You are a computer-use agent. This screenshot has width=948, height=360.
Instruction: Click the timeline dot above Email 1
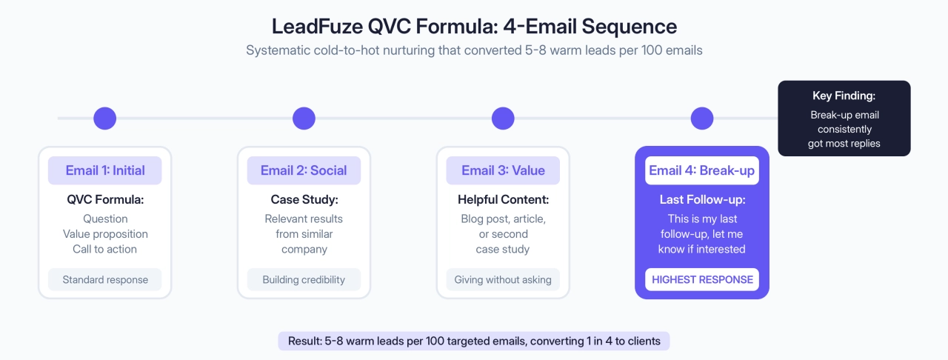(104, 119)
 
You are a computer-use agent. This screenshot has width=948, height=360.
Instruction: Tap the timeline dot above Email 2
(304, 119)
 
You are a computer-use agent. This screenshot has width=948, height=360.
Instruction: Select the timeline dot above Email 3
(503, 119)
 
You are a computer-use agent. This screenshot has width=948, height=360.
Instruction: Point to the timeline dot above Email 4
(701, 119)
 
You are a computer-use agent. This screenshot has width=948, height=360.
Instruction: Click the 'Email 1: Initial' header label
(104, 170)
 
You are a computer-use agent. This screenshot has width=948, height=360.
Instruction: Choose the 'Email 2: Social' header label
(304, 170)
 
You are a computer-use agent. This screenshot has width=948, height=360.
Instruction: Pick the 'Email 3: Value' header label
(503, 170)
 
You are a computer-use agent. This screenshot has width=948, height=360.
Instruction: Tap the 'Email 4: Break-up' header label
(701, 170)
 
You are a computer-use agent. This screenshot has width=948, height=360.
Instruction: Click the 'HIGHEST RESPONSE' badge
(702, 279)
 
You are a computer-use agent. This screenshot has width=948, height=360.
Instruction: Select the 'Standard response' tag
(105, 279)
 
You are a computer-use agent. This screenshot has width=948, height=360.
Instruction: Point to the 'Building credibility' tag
(304, 279)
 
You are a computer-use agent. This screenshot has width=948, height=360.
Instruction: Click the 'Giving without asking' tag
(503, 279)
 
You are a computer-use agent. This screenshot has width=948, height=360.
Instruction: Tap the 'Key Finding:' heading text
(844, 96)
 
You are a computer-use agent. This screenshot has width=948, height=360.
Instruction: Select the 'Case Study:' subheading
(304, 200)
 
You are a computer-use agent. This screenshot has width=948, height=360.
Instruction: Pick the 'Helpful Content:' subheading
(503, 200)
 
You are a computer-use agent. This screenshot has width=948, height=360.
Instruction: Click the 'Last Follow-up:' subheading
(701, 200)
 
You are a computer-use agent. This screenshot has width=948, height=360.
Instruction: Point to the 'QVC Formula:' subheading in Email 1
(105, 200)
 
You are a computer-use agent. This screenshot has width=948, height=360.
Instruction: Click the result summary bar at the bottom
(474, 341)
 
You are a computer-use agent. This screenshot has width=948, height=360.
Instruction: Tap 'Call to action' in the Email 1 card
(105, 249)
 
